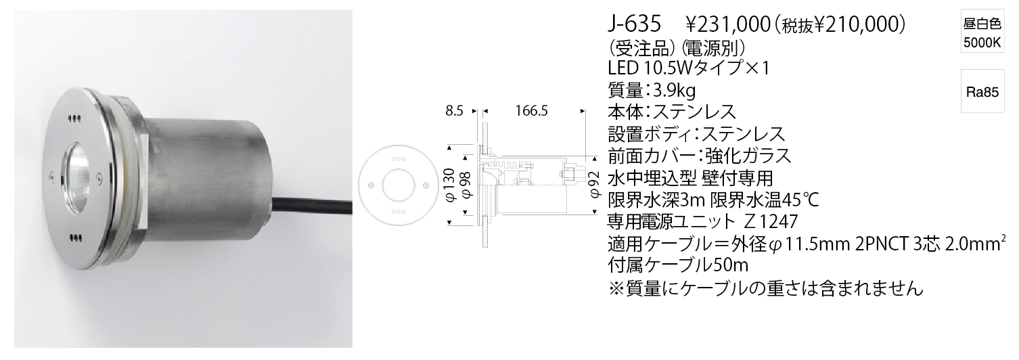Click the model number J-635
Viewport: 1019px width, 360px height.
click(634, 24)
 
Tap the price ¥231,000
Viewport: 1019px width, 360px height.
click(728, 25)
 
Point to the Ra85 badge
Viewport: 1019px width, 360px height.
click(982, 92)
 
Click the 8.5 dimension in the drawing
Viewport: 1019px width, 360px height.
click(454, 110)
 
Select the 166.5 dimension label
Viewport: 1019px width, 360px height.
click(531, 110)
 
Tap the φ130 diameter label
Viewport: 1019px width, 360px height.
click(450, 185)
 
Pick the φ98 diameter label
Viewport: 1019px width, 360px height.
click(468, 185)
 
